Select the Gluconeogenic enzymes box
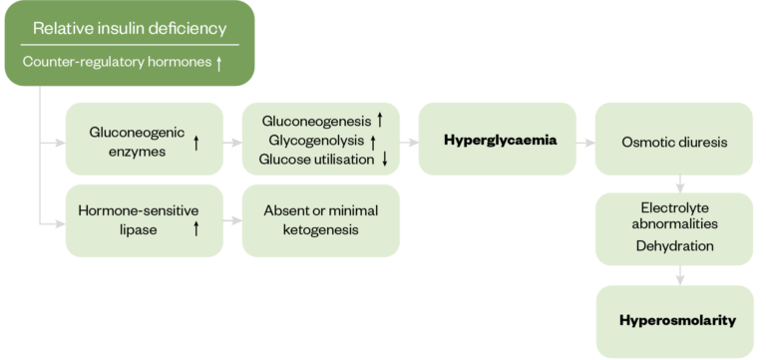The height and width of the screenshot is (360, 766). [145, 139]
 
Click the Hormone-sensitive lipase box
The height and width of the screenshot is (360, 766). [145, 220]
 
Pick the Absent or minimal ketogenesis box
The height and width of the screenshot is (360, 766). [320, 220]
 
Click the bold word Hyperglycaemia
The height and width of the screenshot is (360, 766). [500, 141]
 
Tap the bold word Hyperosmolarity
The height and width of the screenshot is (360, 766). [677, 320]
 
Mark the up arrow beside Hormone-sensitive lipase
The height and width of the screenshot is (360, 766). [196, 228]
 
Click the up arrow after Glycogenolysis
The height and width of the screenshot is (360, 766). [373, 141]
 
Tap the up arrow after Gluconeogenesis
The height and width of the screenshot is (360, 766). [380, 121]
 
